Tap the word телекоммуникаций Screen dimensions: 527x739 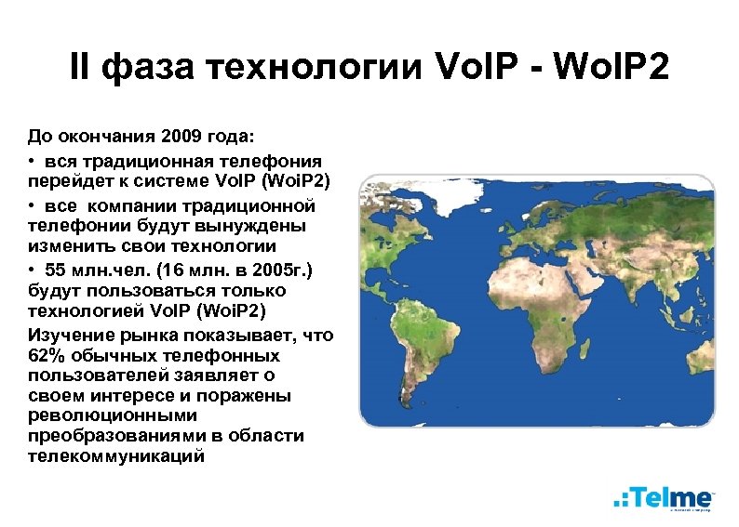[x=115, y=455]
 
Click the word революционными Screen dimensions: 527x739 [x=112, y=415]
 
